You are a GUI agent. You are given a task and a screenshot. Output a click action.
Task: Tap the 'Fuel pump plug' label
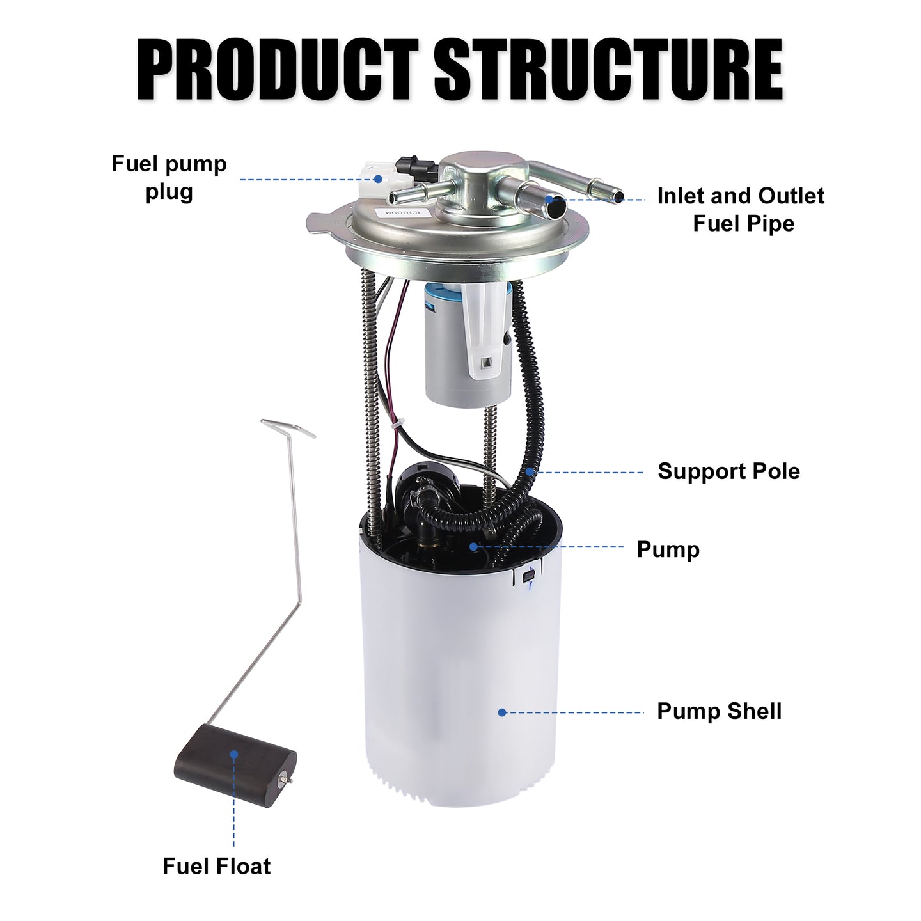click(x=169, y=178)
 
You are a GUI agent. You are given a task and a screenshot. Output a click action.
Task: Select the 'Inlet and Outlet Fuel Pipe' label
click(x=741, y=209)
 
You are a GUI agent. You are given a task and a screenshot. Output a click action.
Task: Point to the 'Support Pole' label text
click(x=729, y=471)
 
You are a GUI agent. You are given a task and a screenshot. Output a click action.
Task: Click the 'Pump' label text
click(x=668, y=549)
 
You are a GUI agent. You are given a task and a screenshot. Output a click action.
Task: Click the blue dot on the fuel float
click(x=233, y=755)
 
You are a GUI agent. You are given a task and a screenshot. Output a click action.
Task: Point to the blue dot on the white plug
click(x=378, y=179)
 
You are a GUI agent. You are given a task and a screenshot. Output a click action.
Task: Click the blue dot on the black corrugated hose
click(x=530, y=472)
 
